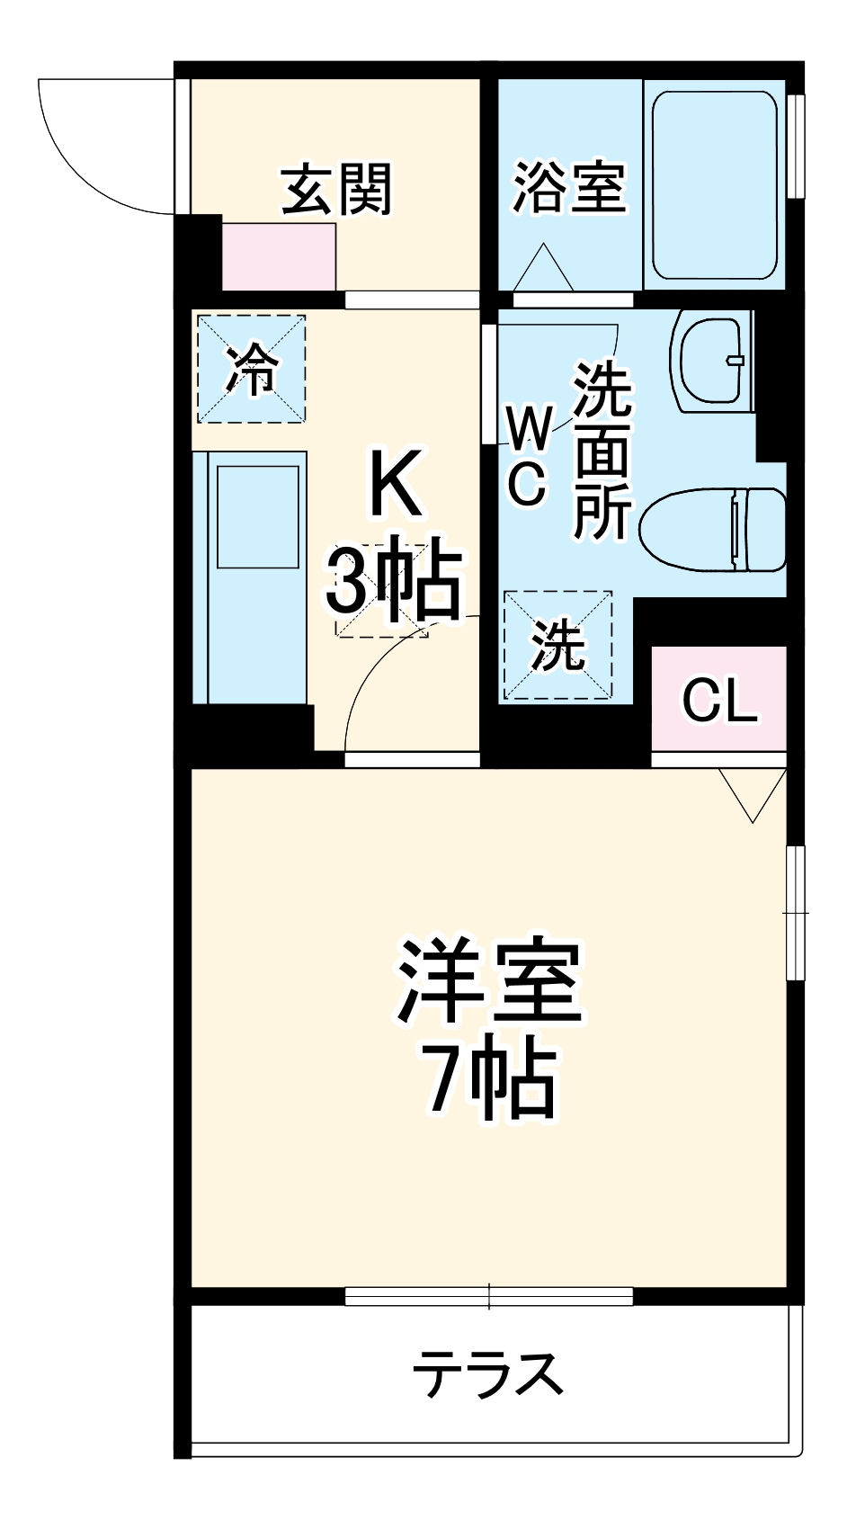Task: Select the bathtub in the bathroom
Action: pos(715,184)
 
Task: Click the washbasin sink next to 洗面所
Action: pos(712,362)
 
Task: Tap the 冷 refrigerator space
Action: pos(252,368)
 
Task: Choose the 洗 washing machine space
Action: pos(557,645)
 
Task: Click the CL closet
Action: pos(719,699)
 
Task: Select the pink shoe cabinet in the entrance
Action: pos(279,256)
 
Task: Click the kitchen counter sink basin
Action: pos(257,517)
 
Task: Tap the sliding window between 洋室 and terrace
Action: pos(489,1296)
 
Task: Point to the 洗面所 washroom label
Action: pos(602,450)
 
